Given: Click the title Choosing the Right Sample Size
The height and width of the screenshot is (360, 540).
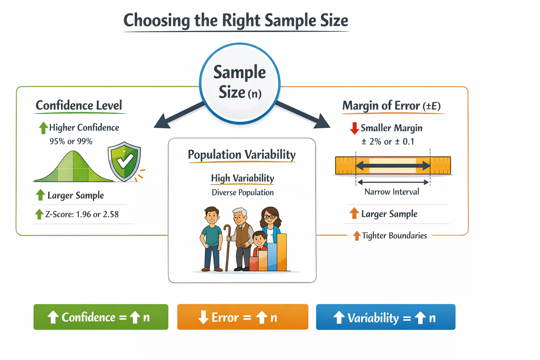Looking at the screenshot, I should click(x=236, y=20).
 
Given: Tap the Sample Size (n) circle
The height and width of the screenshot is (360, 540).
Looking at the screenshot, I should click(x=240, y=83).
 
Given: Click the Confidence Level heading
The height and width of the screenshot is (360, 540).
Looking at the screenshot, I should click(x=79, y=105).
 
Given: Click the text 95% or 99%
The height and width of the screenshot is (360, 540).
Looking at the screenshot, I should click(x=71, y=141).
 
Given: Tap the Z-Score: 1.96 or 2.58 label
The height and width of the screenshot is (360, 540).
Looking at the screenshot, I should click(x=82, y=214).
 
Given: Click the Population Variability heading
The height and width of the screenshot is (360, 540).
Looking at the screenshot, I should click(x=242, y=155).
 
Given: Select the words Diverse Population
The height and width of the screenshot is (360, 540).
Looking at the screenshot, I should click(x=243, y=193).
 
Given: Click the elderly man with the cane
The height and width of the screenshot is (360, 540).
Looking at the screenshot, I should click(x=241, y=239).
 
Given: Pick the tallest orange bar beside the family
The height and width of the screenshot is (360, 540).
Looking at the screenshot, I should click(x=282, y=252).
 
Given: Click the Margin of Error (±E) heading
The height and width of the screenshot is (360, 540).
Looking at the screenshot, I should click(x=391, y=106).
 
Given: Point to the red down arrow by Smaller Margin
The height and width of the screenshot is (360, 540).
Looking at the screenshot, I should click(x=354, y=128).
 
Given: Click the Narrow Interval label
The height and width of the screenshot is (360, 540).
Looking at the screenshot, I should click(x=392, y=192).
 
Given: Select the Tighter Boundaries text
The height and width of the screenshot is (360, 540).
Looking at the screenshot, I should click(x=394, y=236).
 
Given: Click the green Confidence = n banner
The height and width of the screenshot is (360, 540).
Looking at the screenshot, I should click(x=101, y=317).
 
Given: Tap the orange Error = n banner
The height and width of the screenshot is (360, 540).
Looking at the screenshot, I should click(x=243, y=317).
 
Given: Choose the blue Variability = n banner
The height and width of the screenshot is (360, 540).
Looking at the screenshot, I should click(x=386, y=317).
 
